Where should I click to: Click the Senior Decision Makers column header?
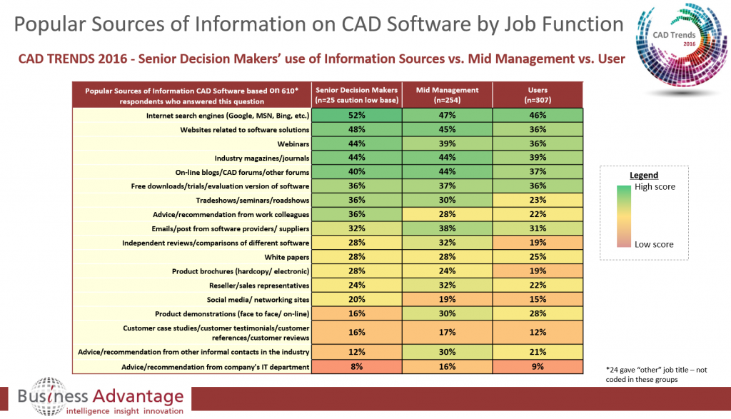pyautogui.click(x=358, y=94)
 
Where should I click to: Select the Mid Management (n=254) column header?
pyautogui.click(x=448, y=94)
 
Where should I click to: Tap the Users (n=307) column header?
pyautogui.click(x=538, y=94)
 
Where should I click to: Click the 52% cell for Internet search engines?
pyautogui.click(x=358, y=115)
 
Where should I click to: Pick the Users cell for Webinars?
pyautogui.click(x=538, y=143)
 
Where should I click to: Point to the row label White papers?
pyautogui.click(x=288, y=256)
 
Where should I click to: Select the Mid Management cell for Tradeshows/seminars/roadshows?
pyautogui.click(x=448, y=200)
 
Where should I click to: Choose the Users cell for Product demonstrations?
pyautogui.click(x=538, y=313)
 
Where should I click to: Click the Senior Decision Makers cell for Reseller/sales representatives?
pyautogui.click(x=358, y=285)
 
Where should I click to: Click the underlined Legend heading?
pyautogui.click(x=644, y=175)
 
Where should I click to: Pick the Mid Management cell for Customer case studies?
pyautogui.click(x=448, y=332)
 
